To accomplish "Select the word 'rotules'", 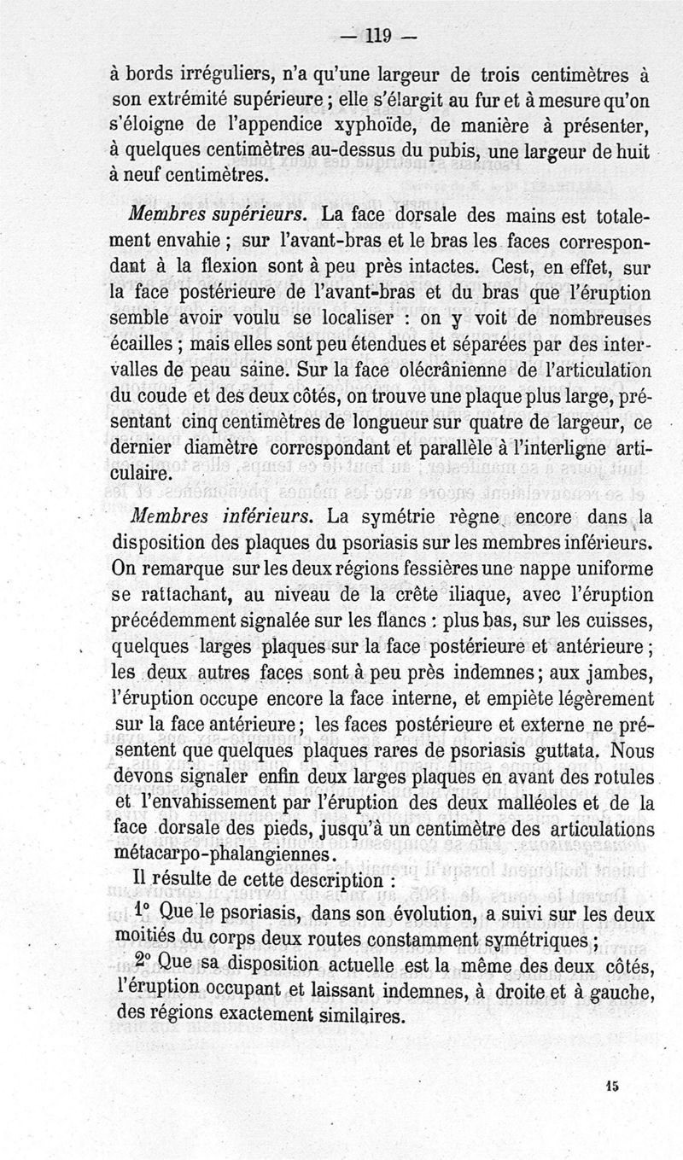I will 626,778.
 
